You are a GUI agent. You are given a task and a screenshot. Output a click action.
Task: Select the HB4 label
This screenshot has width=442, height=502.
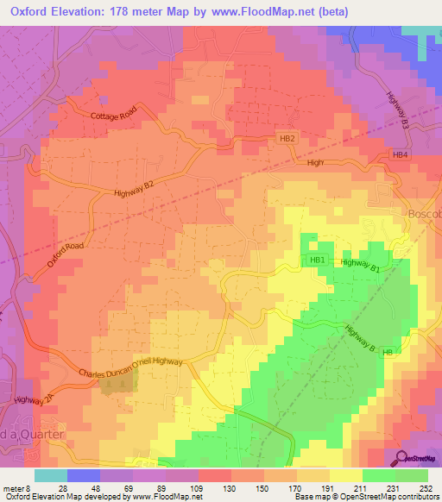[x=399, y=155]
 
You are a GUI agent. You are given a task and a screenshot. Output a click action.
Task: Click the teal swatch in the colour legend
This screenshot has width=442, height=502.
[x=51, y=474]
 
